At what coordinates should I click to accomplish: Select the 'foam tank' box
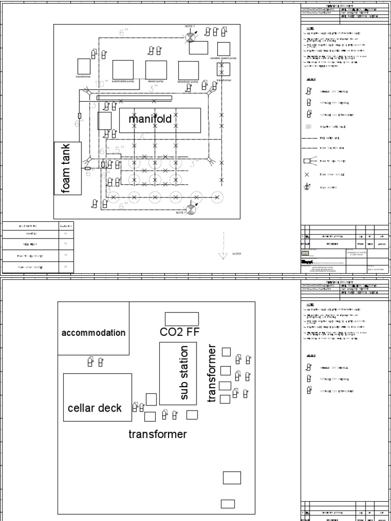point(67,168)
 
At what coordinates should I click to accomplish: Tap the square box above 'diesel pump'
point(156,70)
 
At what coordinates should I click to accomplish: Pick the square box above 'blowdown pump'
point(188,71)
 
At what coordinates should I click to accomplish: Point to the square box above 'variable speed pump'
point(224,49)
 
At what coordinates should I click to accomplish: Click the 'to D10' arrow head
point(222,255)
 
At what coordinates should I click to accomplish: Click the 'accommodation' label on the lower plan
point(93,333)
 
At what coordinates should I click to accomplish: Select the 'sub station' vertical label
point(184,372)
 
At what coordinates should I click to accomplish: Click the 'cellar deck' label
point(95,408)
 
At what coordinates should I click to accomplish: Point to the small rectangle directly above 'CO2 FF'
point(181,319)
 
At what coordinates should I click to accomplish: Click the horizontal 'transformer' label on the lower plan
point(157,434)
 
